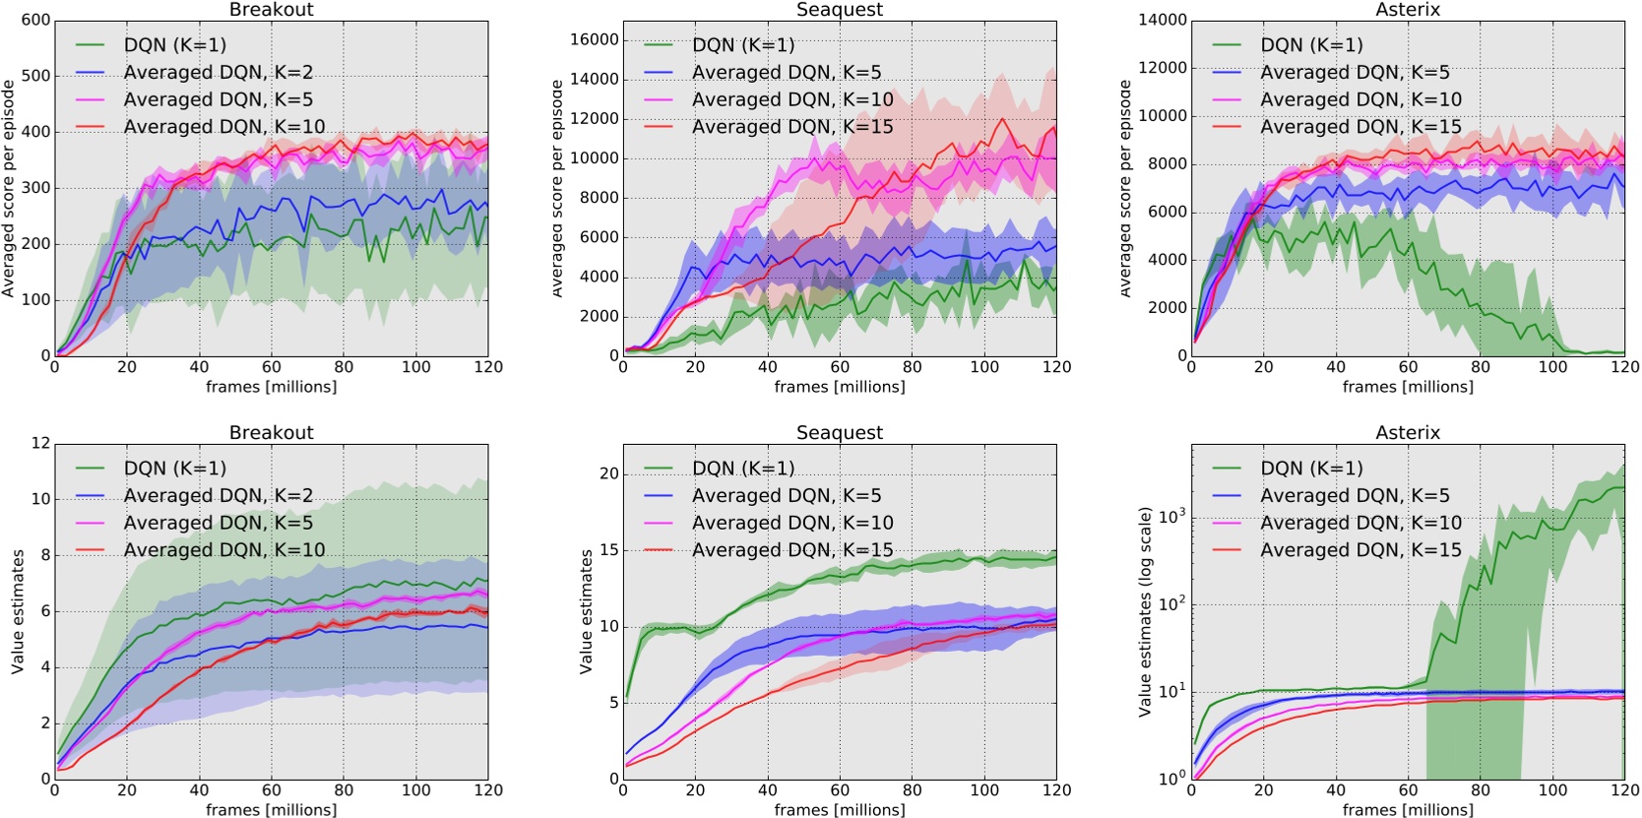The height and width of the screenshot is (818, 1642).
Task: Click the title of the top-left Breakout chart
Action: point(271,10)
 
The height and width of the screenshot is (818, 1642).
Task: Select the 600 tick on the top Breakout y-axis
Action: point(35,20)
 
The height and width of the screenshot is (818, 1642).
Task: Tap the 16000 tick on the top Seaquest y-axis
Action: point(595,39)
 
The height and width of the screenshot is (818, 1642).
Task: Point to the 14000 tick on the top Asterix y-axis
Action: point(1163,20)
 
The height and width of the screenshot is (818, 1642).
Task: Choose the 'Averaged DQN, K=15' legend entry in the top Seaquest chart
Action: point(792,127)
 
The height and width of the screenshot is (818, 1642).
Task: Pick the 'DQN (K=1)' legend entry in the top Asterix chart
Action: point(1311,45)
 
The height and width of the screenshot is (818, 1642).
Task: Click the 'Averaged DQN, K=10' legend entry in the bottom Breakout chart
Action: point(223,550)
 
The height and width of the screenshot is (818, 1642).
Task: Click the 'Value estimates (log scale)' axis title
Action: point(1145,611)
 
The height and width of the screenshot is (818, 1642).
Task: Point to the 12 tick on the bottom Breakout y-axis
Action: point(40,443)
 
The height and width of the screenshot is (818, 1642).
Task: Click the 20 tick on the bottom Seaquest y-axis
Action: point(609,473)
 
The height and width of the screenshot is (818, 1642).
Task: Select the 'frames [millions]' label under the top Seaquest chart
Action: point(840,387)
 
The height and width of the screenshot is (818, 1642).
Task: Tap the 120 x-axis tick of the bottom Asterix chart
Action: point(1624,789)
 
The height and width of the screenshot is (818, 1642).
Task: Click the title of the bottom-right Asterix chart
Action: point(1408,433)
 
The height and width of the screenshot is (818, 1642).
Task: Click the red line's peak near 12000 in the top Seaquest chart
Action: point(1002,119)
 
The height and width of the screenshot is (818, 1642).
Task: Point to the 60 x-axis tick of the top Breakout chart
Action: point(271,367)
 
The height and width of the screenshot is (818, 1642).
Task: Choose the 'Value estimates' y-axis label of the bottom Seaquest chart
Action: point(587,611)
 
